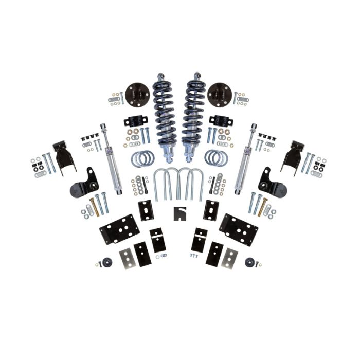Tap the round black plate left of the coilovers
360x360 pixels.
tap(136, 95)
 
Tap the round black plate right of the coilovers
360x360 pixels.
tap(219, 95)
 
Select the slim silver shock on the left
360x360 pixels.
tap(111, 159)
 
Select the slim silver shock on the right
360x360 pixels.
tap(245, 159)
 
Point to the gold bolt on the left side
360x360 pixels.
tap(95, 205)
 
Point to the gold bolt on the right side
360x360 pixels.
tap(263, 206)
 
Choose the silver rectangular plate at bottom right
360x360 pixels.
tap(230, 257)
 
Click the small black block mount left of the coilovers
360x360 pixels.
tap(136, 123)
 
